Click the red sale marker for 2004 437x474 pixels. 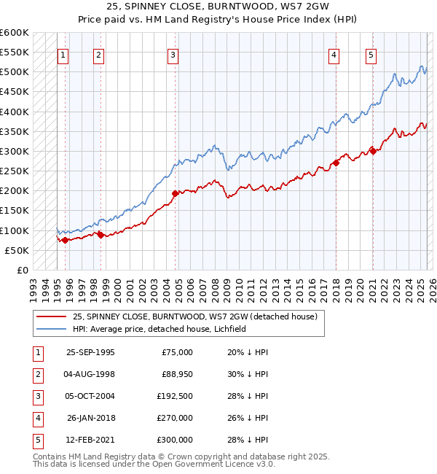(x=176, y=193)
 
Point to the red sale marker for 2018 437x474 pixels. (x=336, y=163)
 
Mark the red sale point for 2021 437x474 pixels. (x=372, y=151)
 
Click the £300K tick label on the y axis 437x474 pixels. (x=15, y=152)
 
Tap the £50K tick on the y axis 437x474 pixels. (x=17, y=251)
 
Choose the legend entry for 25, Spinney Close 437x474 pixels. (x=194, y=317)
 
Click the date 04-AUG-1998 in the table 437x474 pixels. (x=90, y=374)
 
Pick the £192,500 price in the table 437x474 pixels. (x=176, y=396)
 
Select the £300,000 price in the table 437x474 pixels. (x=176, y=440)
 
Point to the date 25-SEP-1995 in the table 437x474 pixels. (x=90, y=352)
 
